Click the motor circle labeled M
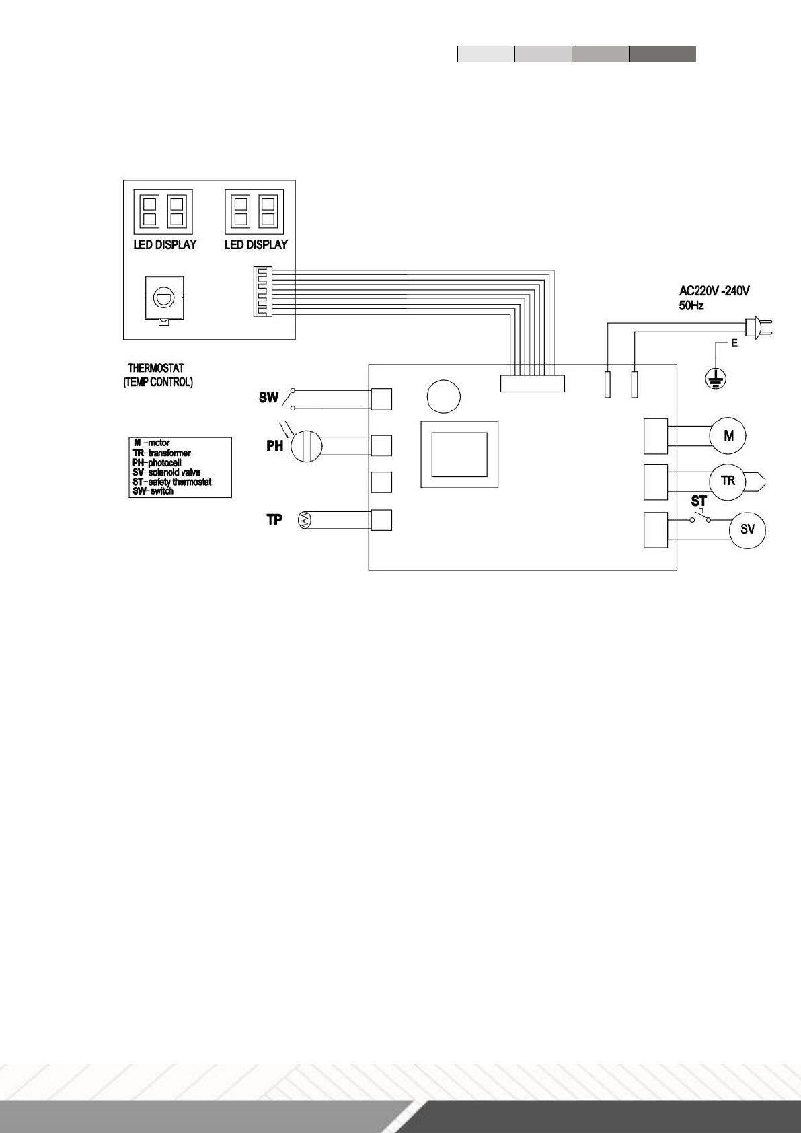729,436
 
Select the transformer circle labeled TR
728,482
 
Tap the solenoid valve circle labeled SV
748,529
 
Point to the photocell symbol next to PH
306,445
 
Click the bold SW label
269,398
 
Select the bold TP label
274,519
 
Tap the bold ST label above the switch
699,502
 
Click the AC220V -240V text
714,291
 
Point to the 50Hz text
691,305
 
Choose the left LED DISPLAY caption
165,244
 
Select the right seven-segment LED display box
254,211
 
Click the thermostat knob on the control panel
163,296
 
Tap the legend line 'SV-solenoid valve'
167,472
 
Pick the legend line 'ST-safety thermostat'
172,482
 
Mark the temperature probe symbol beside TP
306,520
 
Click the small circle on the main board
444,397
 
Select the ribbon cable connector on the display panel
260,291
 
